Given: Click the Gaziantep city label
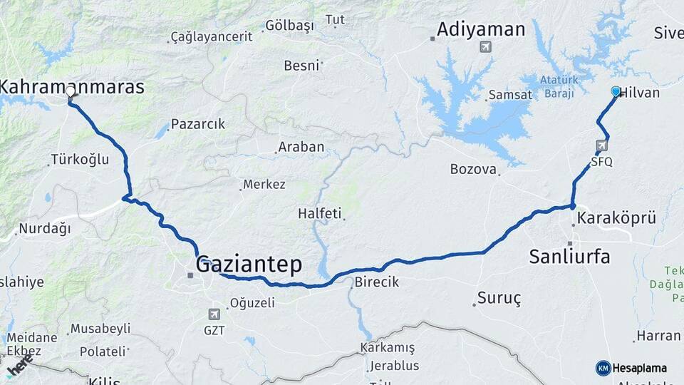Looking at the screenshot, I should coord(249,265).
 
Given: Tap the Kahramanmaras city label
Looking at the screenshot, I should coord(71,87).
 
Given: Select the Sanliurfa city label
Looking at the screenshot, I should coord(569,256).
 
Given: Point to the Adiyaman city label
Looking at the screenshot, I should coord(481,29).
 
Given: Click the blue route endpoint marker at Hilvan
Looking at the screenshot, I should coord(616,91).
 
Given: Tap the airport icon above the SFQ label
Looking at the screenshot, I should coord(601,146).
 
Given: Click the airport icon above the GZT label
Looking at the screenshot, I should coord(214,314).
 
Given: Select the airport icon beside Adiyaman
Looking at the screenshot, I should coord(486,47).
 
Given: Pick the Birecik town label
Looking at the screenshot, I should coord(376,282).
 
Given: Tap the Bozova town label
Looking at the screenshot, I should coord(472,169).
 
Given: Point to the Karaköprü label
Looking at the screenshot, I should coord(616,217).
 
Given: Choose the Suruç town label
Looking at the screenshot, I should coord(499,296).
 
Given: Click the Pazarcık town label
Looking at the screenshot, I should coord(198,123).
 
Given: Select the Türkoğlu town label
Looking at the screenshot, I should coord(79,160).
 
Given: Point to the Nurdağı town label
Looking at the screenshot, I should coord(45,229).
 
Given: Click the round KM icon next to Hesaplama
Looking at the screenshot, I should coord(603,368).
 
